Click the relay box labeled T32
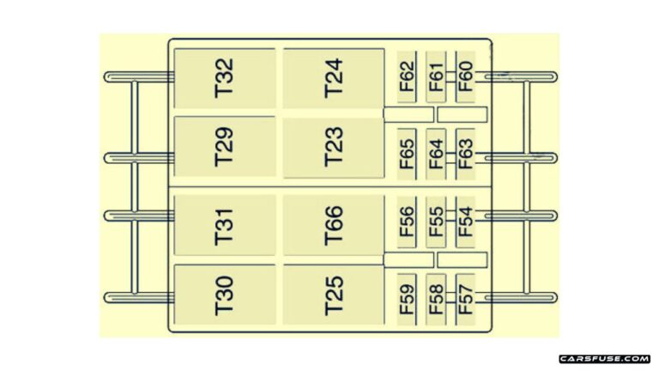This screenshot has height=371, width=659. point(225,78)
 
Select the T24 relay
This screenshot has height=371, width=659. point(334,78)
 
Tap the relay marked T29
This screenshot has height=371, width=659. point(225,148)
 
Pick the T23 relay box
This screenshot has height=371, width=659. point(334,148)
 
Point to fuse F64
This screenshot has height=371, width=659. point(437,155)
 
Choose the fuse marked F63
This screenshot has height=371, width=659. point(465,155)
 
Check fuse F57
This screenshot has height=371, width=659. point(465,299)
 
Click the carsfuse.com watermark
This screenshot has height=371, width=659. point(604,358)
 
